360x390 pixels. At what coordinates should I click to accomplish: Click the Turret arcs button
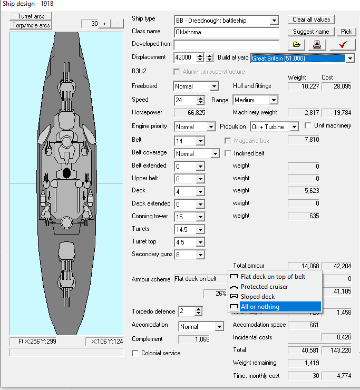pos(31,16)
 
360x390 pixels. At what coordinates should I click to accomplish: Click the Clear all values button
pos(311,19)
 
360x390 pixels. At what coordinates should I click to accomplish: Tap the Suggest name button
pos(311,32)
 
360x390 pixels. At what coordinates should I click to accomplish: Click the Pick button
pos(346,32)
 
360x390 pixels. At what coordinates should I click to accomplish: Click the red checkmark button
pos(343,45)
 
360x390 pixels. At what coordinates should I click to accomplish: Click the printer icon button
pos(317,45)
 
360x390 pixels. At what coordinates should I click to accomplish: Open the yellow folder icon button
pos(297,45)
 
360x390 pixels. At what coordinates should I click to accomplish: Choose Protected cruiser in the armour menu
pos(264,287)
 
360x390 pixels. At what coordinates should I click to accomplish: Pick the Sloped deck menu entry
pos(258,297)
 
